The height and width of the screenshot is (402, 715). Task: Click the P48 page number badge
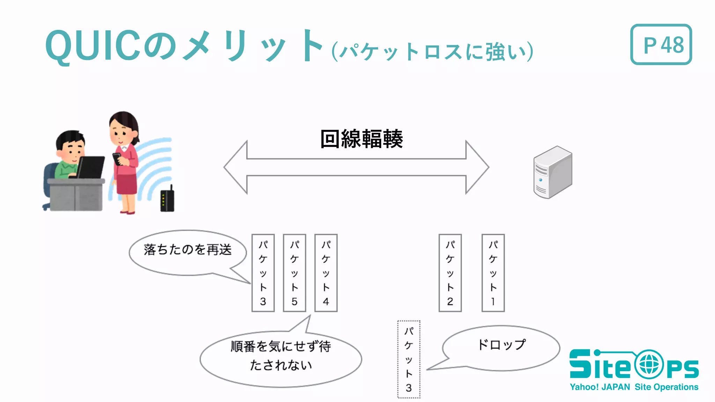pos(661,44)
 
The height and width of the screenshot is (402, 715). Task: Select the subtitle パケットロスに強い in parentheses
pos(433,52)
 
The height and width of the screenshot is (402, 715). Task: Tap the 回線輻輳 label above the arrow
pos(361,139)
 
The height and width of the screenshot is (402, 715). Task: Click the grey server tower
pos(552,172)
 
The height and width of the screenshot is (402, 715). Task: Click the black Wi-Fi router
pos(167,200)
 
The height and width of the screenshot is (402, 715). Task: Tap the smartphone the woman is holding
pos(117,158)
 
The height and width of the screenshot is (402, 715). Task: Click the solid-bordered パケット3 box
pos(263,273)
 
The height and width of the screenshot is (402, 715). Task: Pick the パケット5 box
pos(294,273)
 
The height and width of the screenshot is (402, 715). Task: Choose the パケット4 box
pos(326,273)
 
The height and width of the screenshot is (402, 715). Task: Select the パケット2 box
pos(450,273)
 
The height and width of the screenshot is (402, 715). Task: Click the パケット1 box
pos(493,273)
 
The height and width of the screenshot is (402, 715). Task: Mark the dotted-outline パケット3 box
pos(408,359)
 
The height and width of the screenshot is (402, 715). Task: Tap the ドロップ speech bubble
pos(501,348)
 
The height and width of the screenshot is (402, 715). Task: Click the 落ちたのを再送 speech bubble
pos(187,252)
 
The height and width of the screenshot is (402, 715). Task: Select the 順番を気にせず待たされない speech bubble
pos(281,358)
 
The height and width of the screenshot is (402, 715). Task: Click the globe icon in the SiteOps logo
pos(649,365)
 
